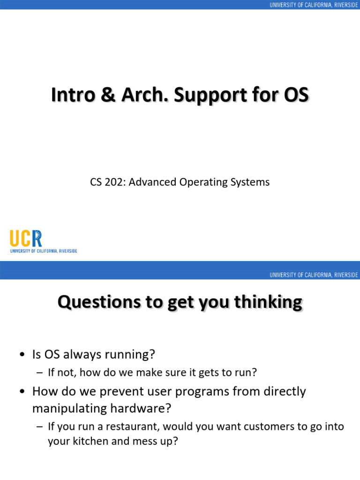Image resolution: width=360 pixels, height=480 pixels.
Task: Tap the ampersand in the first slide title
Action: point(111,95)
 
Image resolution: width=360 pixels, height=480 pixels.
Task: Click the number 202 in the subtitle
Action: point(115,182)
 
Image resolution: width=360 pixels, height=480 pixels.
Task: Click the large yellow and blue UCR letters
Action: point(26,239)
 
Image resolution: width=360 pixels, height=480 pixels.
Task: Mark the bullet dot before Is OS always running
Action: point(22,355)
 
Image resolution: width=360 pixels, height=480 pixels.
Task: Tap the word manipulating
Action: point(65,408)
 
